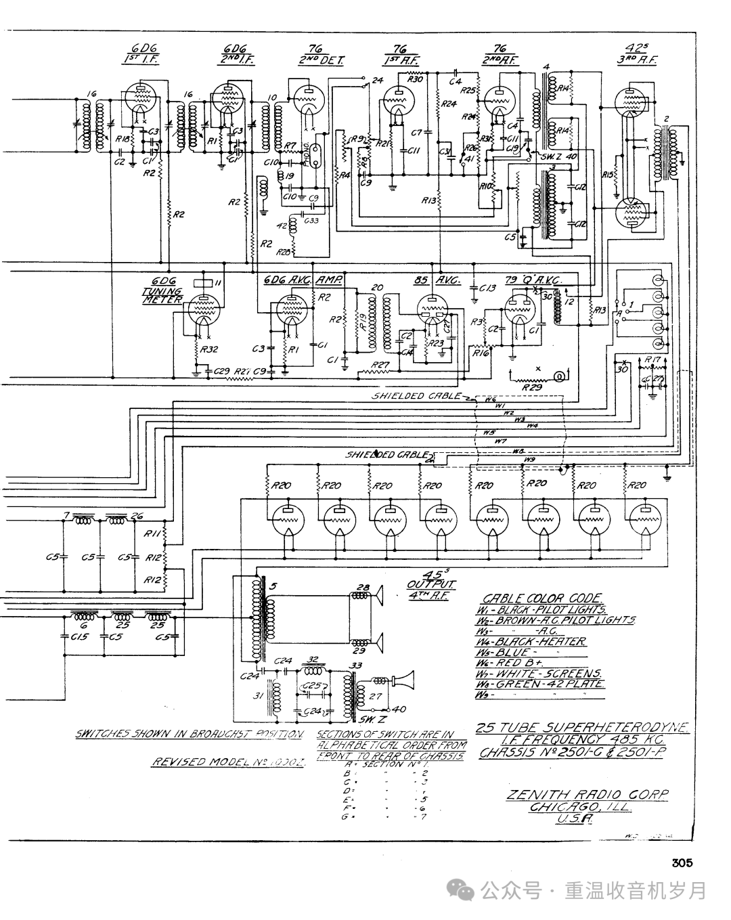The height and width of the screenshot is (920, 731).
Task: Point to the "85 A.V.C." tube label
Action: (x=430, y=280)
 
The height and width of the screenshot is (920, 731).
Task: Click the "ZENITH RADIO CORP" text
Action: (x=587, y=795)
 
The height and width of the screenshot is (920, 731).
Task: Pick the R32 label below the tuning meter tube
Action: (x=210, y=350)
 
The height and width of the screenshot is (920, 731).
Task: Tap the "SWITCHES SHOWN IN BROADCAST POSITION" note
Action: (x=189, y=734)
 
